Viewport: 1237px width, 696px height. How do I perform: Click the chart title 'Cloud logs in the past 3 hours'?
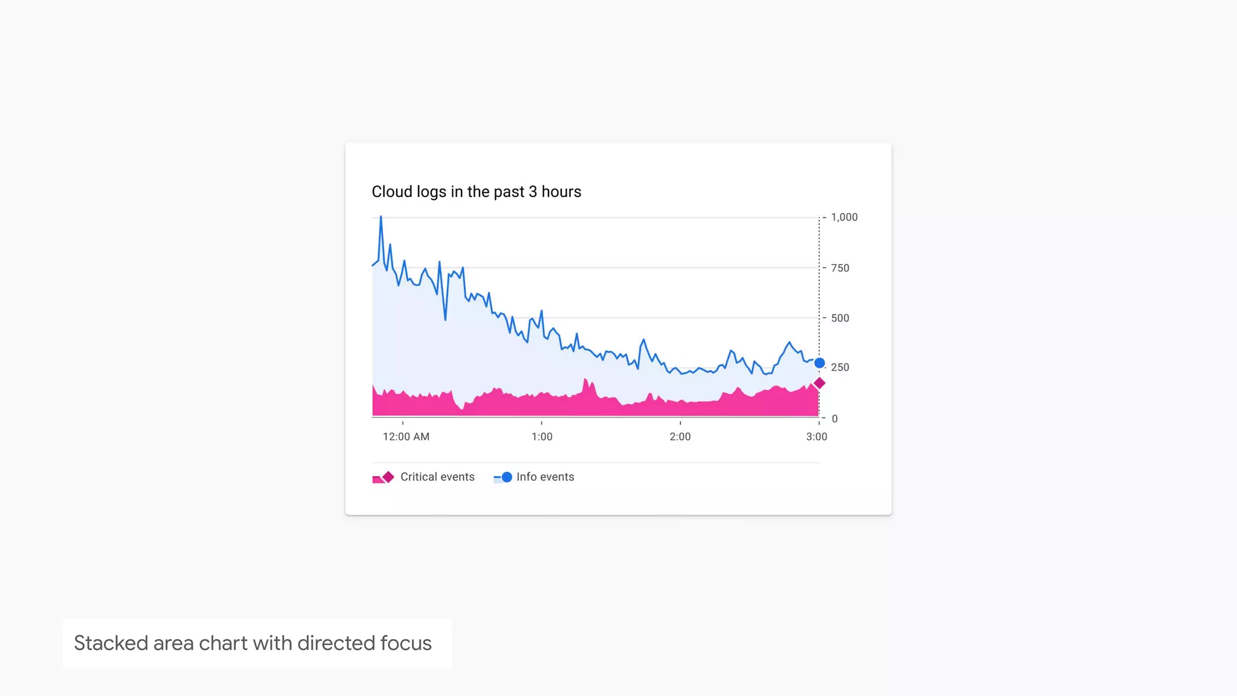click(476, 192)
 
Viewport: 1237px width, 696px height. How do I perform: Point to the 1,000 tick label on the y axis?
click(844, 217)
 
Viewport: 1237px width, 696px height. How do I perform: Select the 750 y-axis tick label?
click(840, 268)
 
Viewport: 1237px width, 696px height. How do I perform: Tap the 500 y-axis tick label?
click(840, 318)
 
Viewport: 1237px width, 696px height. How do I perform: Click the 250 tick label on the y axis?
click(840, 367)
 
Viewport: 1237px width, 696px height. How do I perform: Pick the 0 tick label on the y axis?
click(835, 419)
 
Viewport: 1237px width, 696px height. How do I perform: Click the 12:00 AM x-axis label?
click(406, 437)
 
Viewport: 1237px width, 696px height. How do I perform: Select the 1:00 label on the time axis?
click(542, 437)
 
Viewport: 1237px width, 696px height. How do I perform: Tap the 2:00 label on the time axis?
click(680, 437)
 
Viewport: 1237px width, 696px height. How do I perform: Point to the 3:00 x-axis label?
click(817, 437)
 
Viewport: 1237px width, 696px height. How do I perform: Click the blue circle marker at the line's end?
click(820, 363)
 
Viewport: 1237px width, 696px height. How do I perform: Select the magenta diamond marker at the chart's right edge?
click(820, 383)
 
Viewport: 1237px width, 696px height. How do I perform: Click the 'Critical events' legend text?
click(437, 477)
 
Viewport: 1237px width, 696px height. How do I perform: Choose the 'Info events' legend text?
click(545, 477)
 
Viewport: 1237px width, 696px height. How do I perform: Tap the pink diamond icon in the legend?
click(388, 477)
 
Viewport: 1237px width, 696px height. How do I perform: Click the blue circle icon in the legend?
click(507, 477)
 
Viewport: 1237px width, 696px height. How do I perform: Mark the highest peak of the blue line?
click(381, 217)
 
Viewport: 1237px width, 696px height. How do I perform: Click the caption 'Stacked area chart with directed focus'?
click(252, 643)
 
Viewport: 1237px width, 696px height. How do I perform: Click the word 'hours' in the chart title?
click(561, 192)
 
